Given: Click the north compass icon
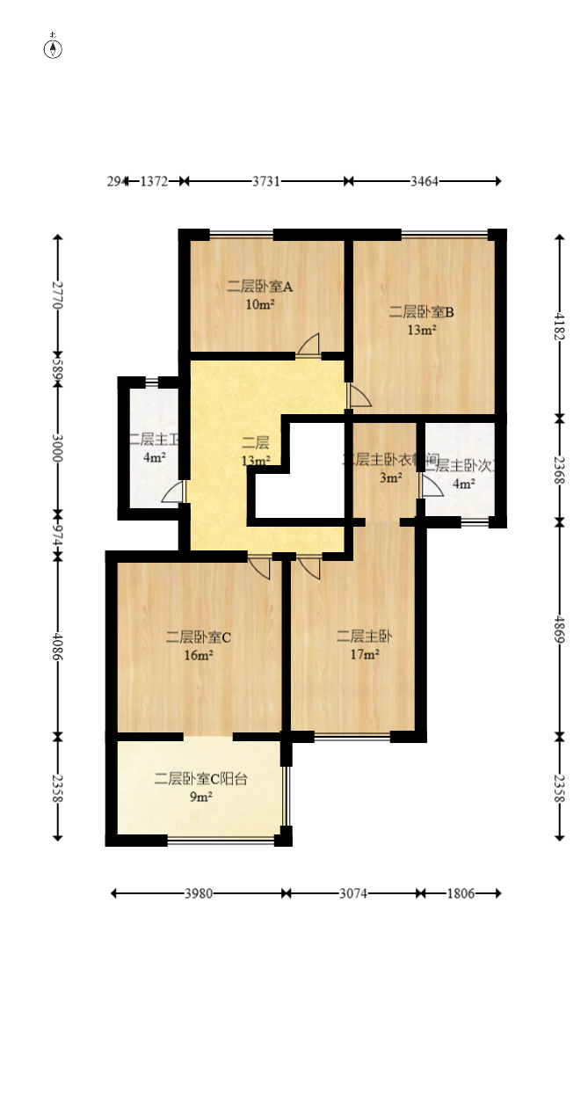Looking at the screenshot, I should (53, 47).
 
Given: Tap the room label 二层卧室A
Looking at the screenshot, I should (259, 286).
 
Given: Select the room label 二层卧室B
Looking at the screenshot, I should (422, 311).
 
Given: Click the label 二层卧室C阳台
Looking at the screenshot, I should (201, 778).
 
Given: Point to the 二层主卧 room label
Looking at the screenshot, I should (358, 636).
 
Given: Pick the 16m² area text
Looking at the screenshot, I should (199, 655).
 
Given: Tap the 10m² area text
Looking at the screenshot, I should (260, 305).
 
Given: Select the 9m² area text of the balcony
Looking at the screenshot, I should (201, 797).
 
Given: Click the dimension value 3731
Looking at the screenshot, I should (266, 181).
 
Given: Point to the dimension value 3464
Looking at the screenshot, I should (425, 181).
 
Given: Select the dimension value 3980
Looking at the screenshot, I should (199, 893).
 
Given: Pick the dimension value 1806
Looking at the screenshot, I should (461, 893).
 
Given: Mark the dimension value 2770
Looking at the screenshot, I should (58, 294).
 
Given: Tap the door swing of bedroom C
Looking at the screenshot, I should (259, 567).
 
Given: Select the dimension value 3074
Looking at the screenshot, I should (354, 893).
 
